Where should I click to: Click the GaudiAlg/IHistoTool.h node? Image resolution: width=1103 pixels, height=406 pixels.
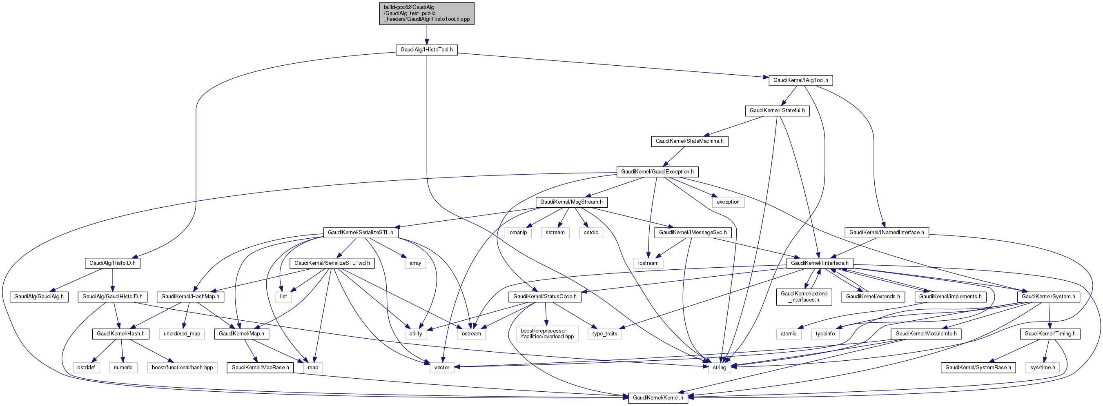pyautogui.click(x=426, y=50)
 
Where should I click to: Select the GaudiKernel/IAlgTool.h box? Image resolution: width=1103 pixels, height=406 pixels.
pyautogui.click(x=800, y=80)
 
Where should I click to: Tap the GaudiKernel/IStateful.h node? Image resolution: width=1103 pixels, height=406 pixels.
pyautogui.click(x=777, y=111)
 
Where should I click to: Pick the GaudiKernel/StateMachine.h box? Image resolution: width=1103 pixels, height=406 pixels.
pyautogui.click(x=689, y=141)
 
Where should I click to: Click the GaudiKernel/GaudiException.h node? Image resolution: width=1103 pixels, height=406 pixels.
pyautogui.click(x=657, y=172)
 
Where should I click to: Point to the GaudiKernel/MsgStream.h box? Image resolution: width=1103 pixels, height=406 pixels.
pyautogui.click(x=571, y=202)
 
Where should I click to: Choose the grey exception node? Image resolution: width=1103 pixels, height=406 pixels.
pyautogui.click(x=728, y=202)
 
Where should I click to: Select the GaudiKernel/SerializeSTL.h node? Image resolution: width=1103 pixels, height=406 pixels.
pyautogui.click(x=360, y=233)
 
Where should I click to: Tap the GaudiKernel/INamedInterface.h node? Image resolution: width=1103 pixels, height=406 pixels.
pyautogui.click(x=886, y=233)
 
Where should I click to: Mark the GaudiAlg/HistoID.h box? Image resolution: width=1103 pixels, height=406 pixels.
pyautogui.click(x=112, y=263)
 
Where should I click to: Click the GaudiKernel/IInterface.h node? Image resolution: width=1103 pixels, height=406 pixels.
pyautogui.click(x=820, y=263)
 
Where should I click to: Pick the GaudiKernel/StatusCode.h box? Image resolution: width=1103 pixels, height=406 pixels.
pyautogui.click(x=545, y=297)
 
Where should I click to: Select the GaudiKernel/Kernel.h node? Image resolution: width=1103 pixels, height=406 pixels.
pyautogui.click(x=658, y=398)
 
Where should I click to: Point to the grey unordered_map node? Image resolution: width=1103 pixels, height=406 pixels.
pyautogui.click(x=182, y=334)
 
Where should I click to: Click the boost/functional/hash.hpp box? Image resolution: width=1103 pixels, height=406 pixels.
pyautogui.click(x=182, y=368)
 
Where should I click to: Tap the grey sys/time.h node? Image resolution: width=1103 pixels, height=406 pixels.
pyautogui.click(x=1042, y=368)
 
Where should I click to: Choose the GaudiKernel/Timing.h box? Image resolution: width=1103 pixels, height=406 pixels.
pyautogui.click(x=1050, y=334)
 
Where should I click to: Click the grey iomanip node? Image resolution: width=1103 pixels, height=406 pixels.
pyautogui.click(x=517, y=233)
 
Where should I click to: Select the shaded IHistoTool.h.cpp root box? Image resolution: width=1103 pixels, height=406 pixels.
pyautogui.click(x=426, y=13)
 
